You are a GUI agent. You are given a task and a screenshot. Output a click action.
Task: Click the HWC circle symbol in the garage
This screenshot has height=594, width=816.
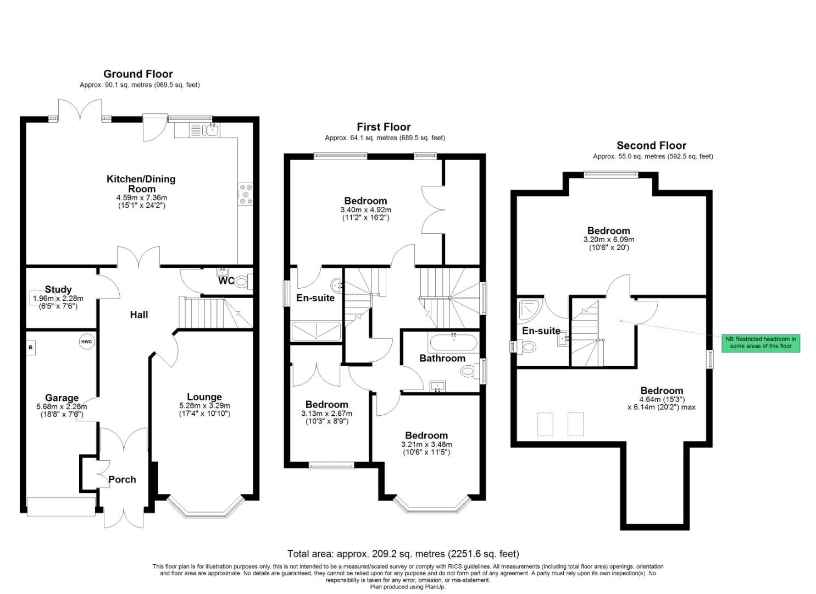tap(86, 342)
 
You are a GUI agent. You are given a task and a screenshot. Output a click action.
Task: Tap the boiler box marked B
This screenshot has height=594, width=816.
tap(31, 348)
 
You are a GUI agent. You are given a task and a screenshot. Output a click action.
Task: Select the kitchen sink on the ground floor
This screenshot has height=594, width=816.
tap(210, 130)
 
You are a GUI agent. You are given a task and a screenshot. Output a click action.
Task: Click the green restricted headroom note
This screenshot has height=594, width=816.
tap(761, 343)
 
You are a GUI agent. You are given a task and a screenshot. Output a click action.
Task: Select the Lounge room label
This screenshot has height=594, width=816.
tap(204, 397)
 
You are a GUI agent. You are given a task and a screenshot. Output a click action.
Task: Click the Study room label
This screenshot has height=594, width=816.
tap(58, 289)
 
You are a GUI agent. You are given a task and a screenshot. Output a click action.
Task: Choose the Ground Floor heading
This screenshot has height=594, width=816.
tap(138, 74)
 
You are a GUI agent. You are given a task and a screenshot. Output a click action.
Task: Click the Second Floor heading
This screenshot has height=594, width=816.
tap(651, 145)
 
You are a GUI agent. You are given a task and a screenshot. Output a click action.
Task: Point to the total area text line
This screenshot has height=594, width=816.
tap(403, 553)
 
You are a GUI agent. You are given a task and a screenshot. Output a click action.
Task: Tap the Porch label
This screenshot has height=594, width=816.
tap(122, 479)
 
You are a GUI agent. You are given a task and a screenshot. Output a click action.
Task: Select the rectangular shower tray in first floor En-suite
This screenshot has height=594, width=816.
tap(316, 332)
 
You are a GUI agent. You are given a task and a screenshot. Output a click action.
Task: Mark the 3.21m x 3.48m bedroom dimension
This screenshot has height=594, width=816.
tap(426, 444)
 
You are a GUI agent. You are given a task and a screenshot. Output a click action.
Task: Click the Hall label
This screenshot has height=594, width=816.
tap(139, 315)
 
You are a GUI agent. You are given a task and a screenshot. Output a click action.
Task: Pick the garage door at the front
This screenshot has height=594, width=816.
tap(61, 506)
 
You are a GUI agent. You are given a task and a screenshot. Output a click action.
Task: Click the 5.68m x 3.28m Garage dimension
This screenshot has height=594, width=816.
tap(62, 406)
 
